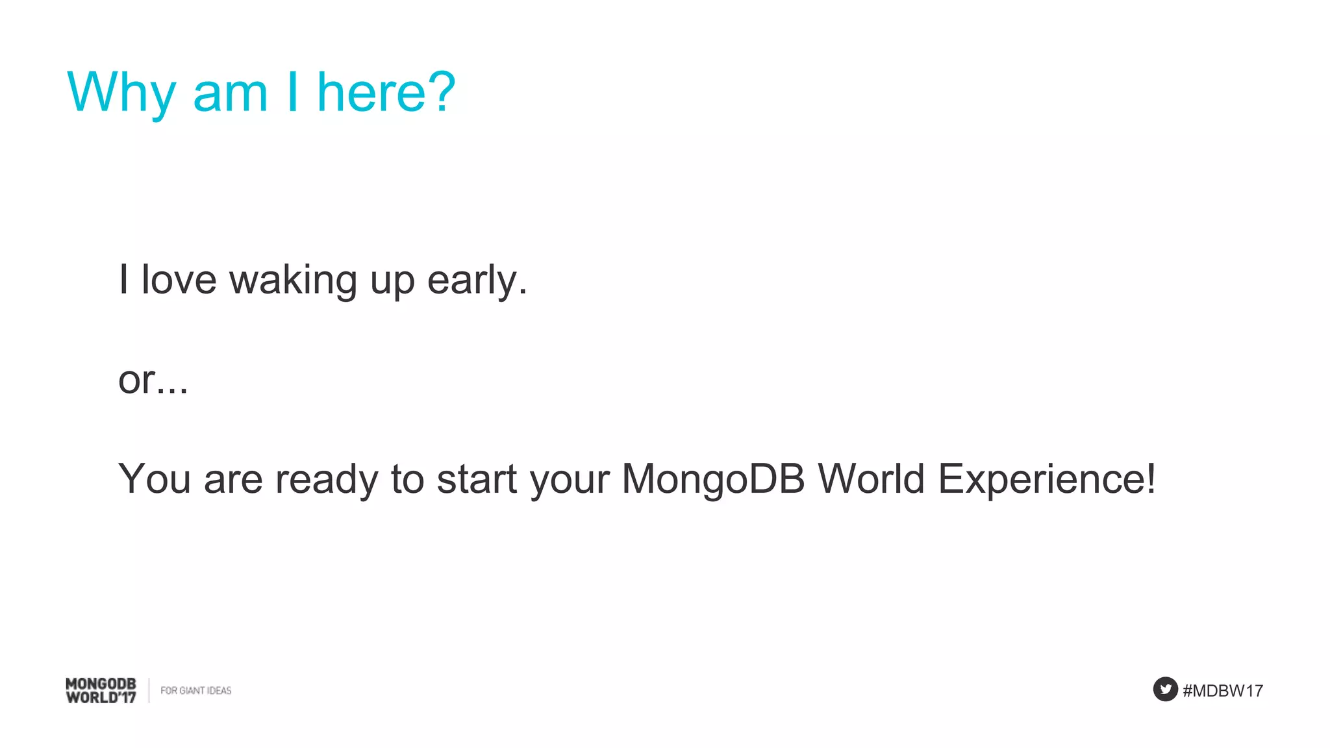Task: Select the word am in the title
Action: [x=230, y=93]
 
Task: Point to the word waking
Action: [x=293, y=281]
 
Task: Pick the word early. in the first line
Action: [x=477, y=281]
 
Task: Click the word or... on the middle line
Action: [x=153, y=380]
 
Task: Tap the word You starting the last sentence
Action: [x=154, y=479]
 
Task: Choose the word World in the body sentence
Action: [x=871, y=479]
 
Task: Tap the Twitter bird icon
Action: [x=1165, y=689]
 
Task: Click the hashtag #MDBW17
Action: [x=1223, y=691]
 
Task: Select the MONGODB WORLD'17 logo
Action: [x=101, y=690]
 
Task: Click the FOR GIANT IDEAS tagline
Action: [x=195, y=690]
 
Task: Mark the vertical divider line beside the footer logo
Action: [x=149, y=690]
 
